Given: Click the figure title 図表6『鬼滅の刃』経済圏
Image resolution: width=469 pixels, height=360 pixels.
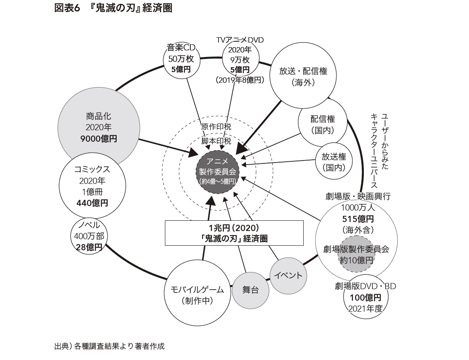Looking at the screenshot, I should [113, 9].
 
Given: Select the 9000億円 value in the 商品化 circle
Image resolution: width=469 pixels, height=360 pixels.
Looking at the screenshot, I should [98, 138].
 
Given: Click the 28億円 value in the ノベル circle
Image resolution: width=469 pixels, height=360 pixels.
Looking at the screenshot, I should [89, 247].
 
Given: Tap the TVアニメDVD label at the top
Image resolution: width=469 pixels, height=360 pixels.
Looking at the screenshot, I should [240, 40].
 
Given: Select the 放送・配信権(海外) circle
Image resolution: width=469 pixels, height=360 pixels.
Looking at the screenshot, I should [303, 76].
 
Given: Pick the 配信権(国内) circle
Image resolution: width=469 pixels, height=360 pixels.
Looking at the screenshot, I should [322, 125].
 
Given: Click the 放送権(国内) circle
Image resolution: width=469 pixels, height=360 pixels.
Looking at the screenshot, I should [334, 162].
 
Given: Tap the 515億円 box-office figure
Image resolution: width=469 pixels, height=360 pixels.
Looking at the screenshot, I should [356, 218].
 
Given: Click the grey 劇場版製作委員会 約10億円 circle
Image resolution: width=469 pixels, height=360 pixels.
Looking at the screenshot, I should [356, 254].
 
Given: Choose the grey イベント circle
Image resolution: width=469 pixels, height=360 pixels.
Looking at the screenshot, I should [288, 276].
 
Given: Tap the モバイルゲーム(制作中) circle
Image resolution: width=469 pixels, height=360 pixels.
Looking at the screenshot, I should [197, 295].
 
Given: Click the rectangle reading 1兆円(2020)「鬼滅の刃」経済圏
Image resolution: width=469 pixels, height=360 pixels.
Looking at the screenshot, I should [234, 233].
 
